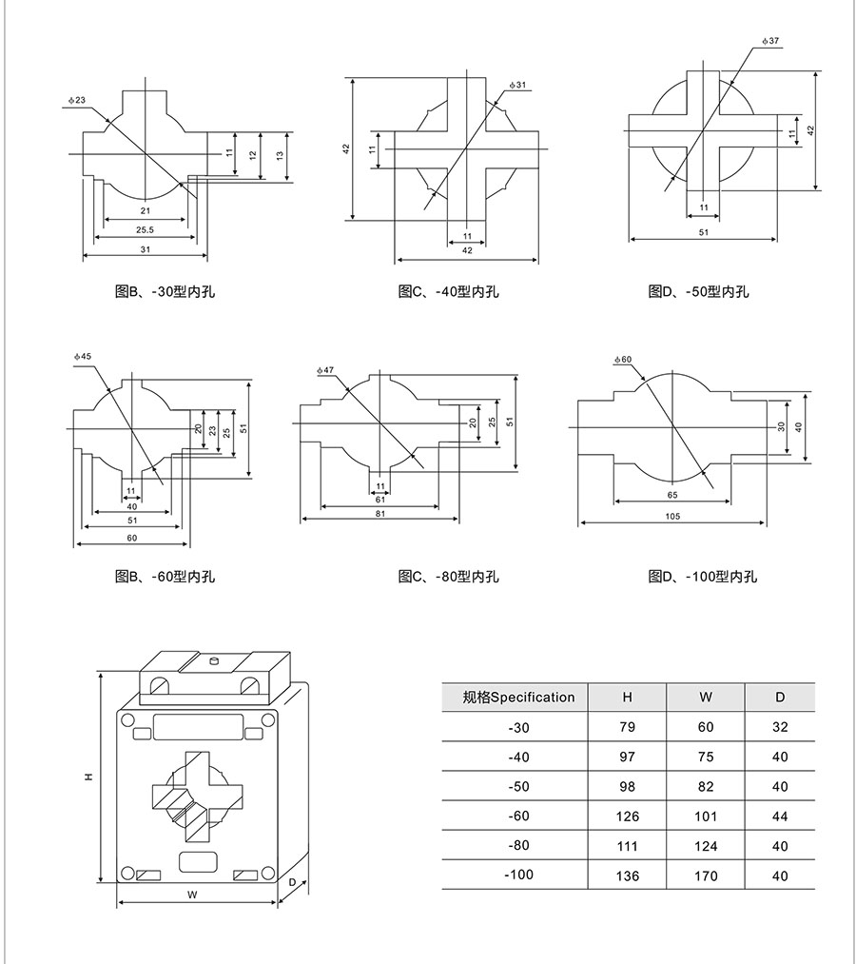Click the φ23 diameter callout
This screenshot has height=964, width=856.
tap(78, 100)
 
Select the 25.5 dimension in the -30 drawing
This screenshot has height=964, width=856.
tap(145, 229)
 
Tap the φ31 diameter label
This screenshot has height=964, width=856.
tap(518, 86)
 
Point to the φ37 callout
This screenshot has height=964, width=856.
tap(771, 42)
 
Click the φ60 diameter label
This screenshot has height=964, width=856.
tap(623, 359)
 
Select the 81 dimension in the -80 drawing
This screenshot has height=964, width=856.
tap(379, 514)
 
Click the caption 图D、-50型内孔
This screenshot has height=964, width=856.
tap(698, 291)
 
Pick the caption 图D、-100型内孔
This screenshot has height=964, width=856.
tap(703, 577)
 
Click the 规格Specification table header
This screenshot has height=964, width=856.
tap(518, 698)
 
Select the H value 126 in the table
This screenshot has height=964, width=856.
tap(628, 816)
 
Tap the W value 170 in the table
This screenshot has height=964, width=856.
tap(706, 875)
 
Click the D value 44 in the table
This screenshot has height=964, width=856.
tap(780, 816)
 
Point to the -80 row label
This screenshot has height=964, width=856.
tap(519, 845)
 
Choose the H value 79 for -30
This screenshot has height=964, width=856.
tap(628, 728)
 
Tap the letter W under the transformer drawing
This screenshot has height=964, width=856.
tap(191, 895)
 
